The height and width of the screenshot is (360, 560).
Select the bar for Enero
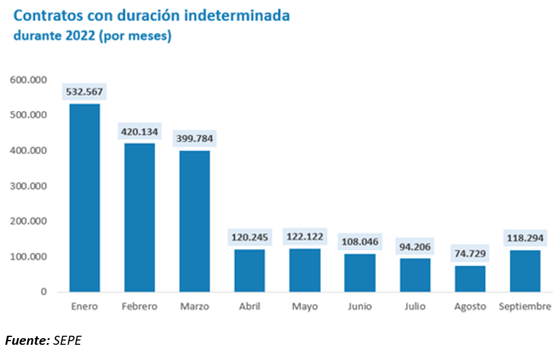pyautogui.click(x=84, y=197)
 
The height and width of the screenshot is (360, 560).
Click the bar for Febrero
pyautogui.click(x=139, y=217)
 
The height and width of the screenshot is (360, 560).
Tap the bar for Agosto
pyautogui.click(x=470, y=279)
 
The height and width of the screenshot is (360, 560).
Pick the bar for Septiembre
pyautogui.click(x=525, y=271)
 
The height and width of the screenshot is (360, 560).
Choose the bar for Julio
pyautogui.click(x=415, y=275)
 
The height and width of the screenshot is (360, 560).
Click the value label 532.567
pyautogui.click(x=84, y=93)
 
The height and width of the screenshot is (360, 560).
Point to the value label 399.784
pyautogui.click(x=194, y=139)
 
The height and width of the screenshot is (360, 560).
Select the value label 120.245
pyautogui.click(x=249, y=237)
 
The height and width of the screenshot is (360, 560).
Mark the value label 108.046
pyautogui.click(x=360, y=242)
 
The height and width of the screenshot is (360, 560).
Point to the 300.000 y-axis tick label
pyautogui.click(x=28, y=186)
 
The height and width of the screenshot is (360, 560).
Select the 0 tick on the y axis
pyautogui.click(x=44, y=292)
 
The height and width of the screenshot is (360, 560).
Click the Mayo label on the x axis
pyautogui.click(x=304, y=307)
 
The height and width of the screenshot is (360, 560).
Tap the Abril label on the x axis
pyautogui.click(x=250, y=307)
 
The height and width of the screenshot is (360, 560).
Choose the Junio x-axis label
pyautogui.click(x=360, y=307)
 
